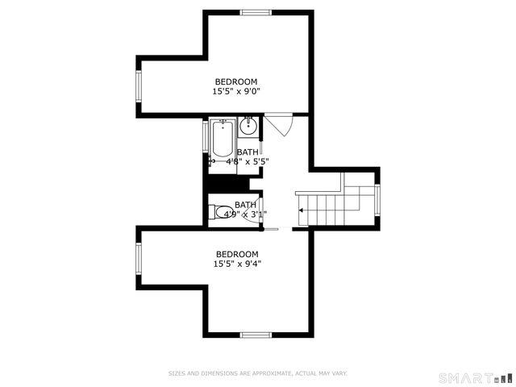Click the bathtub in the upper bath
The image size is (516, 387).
222,139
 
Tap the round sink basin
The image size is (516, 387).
248,126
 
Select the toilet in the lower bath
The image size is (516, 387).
223,214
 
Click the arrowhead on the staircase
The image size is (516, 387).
301,210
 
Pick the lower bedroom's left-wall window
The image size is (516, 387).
139,259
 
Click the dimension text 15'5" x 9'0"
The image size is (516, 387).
235,92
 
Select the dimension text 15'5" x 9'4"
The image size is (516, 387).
237,264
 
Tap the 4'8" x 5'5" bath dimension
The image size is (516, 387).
248,161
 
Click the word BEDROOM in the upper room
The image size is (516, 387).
235,81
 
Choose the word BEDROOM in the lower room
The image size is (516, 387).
237,253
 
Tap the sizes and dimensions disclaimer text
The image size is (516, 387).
257,373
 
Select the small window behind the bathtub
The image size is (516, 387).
206,139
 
